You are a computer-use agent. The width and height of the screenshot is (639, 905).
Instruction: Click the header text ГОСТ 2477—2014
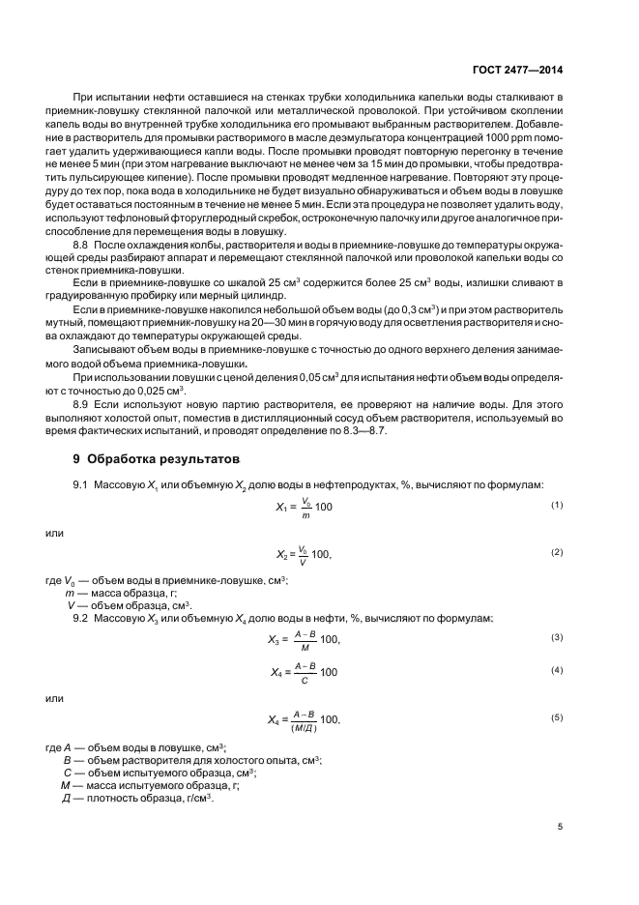point(517,69)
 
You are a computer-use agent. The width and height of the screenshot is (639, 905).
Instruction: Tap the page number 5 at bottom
point(560,826)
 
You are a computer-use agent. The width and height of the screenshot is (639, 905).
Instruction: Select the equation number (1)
point(557,506)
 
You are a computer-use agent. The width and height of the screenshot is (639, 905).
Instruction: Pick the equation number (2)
point(557,552)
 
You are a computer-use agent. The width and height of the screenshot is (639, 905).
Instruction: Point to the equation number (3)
point(557,638)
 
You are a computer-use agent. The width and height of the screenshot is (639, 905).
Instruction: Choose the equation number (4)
point(557,670)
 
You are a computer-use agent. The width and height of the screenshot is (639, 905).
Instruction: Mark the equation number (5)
point(557,717)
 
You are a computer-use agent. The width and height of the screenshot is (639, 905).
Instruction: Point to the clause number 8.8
point(82,249)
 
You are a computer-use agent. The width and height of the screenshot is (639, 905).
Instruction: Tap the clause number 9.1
point(81,483)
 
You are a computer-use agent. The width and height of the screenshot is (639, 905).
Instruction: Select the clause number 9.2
point(81,617)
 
